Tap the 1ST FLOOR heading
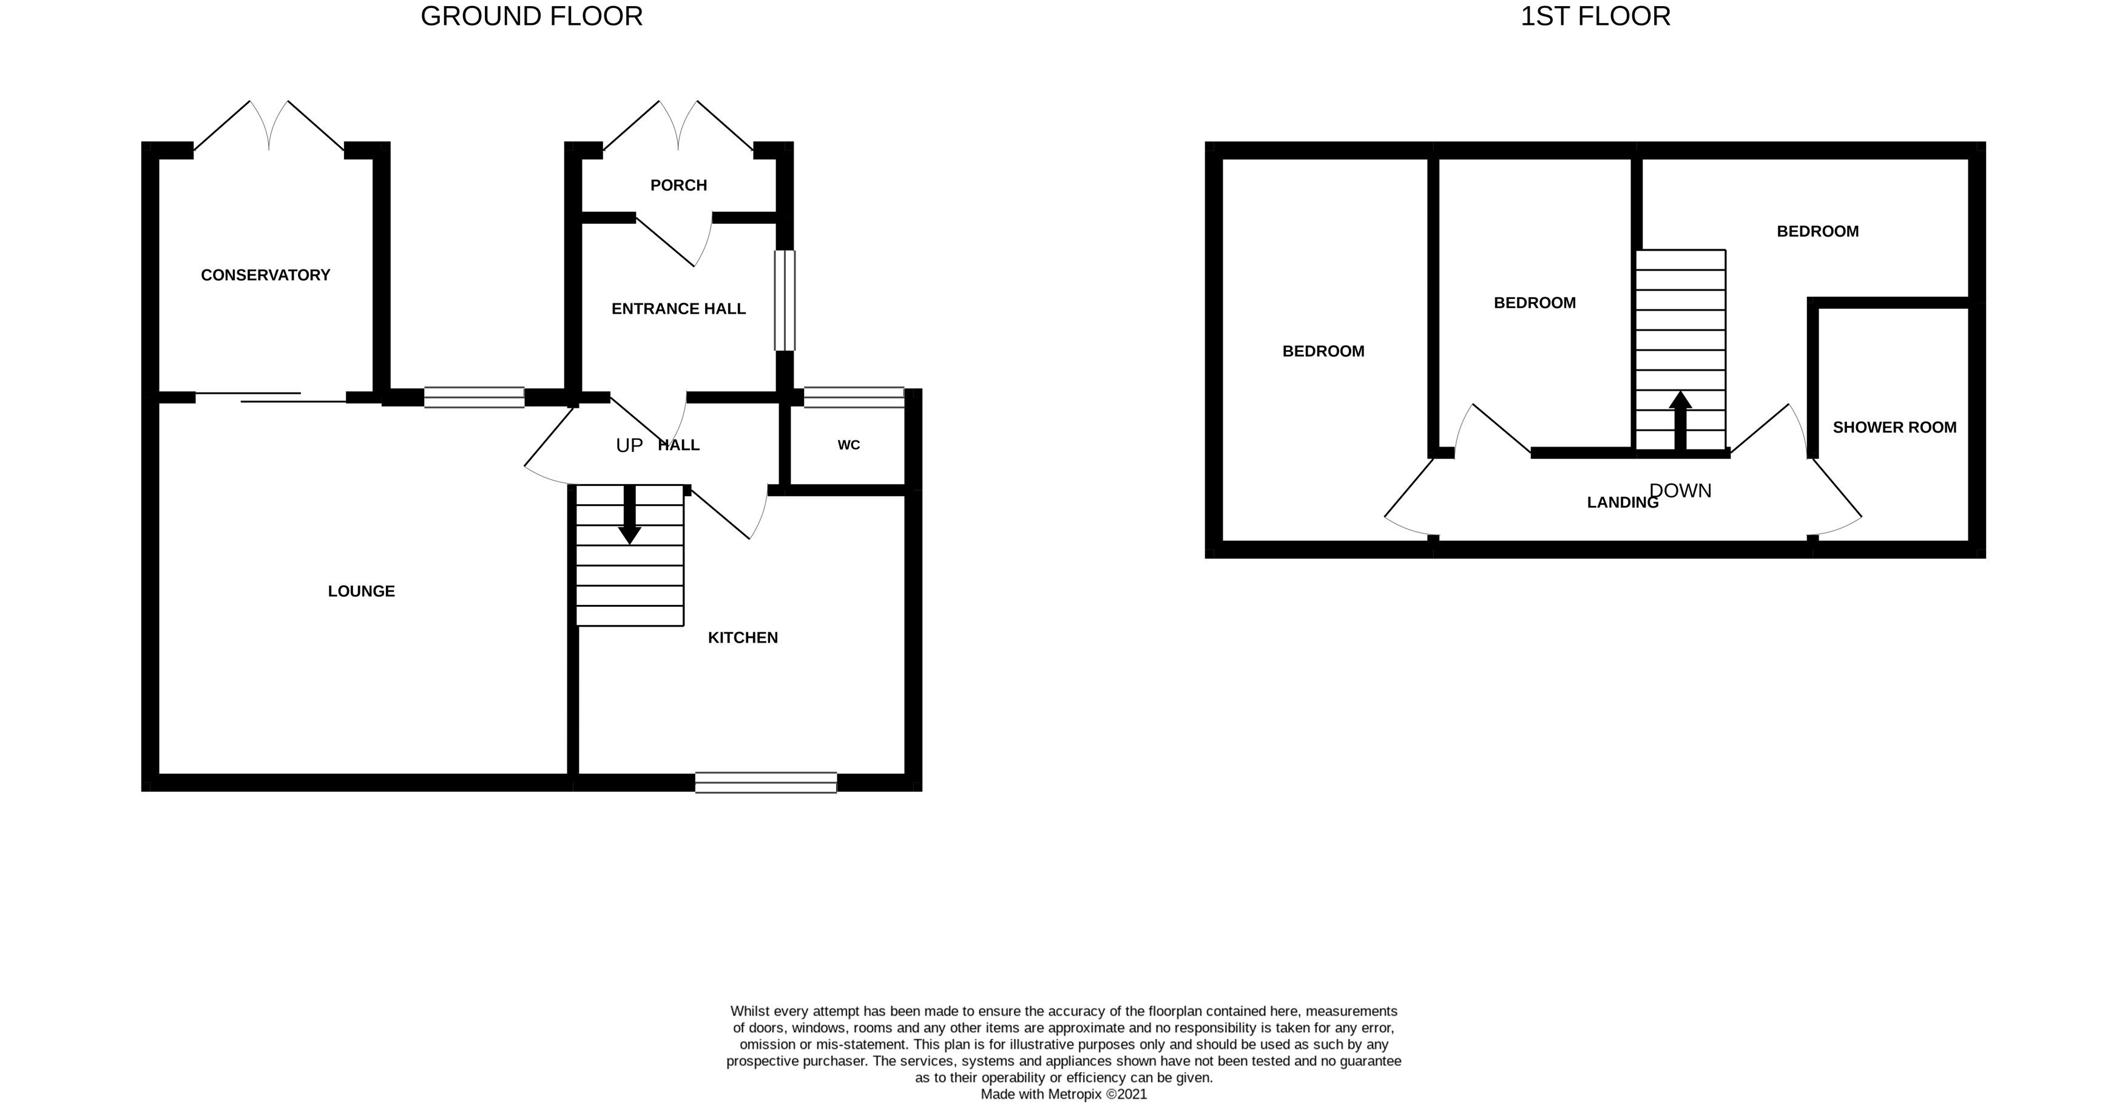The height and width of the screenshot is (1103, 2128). pyautogui.click(x=1595, y=16)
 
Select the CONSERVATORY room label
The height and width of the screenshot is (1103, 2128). pyautogui.click(x=265, y=275)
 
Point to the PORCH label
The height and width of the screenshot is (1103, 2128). pyautogui.click(x=678, y=185)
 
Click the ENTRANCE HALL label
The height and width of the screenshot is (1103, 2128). pyautogui.click(x=678, y=309)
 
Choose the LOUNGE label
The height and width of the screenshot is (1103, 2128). pyautogui.click(x=361, y=592)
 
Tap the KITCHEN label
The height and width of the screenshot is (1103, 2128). pyautogui.click(x=743, y=638)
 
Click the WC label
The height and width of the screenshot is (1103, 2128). pyautogui.click(x=848, y=445)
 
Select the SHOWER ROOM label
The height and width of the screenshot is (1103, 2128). pyautogui.click(x=1894, y=428)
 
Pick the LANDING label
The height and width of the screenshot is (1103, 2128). pyautogui.click(x=1623, y=502)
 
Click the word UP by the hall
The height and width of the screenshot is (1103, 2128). pyautogui.click(x=629, y=446)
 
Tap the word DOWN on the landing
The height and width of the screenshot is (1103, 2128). pyautogui.click(x=1680, y=491)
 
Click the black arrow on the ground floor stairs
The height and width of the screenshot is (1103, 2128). pyautogui.click(x=629, y=514)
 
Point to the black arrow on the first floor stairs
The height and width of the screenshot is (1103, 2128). pyautogui.click(x=1680, y=422)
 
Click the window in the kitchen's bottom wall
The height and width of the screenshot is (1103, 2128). pyautogui.click(x=766, y=783)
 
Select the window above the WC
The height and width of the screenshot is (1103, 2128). pyautogui.click(x=854, y=397)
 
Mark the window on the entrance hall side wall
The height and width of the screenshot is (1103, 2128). pyautogui.click(x=785, y=301)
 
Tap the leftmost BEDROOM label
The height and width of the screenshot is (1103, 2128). pyautogui.click(x=1323, y=352)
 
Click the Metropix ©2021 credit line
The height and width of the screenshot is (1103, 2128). pyautogui.click(x=1064, y=1094)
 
